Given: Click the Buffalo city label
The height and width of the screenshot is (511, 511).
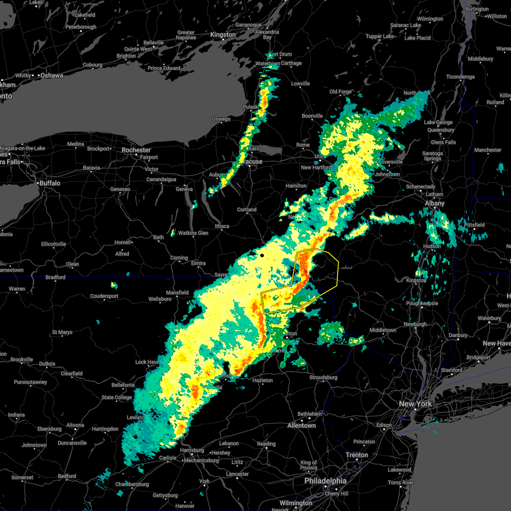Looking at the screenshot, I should [50, 183].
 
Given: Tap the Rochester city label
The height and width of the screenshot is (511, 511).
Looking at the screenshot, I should [136, 150].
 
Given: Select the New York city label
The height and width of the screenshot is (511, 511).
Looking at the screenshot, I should [415, 404].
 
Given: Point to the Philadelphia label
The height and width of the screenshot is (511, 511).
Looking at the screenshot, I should [325, 481].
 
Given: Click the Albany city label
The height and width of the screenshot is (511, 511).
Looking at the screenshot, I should [434, 203].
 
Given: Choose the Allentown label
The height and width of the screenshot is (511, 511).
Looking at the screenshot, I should [301, 425].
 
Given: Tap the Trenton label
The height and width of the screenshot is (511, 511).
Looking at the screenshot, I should [356, 455].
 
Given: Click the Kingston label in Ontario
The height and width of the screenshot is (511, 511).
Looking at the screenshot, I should [223, 34].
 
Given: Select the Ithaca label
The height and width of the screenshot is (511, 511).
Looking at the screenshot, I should [222, 226].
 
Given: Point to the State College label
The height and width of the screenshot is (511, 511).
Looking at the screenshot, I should [117, 397].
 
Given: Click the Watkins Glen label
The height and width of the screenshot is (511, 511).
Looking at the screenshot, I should [193, 233].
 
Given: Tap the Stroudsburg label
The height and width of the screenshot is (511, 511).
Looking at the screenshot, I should [323, 377].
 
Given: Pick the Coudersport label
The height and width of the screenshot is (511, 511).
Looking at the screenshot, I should [104, 296].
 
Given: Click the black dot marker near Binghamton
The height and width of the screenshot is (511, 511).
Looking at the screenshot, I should [262, 255].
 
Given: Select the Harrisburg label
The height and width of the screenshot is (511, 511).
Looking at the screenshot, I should [192, 450].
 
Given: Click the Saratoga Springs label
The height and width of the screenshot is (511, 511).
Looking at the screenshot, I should [433, 156].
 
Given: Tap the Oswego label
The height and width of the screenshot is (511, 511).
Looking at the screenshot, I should [221, 119].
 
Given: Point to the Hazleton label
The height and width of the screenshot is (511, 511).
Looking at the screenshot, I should [262, 380].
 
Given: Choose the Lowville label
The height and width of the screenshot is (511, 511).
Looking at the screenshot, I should [300, 83].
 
